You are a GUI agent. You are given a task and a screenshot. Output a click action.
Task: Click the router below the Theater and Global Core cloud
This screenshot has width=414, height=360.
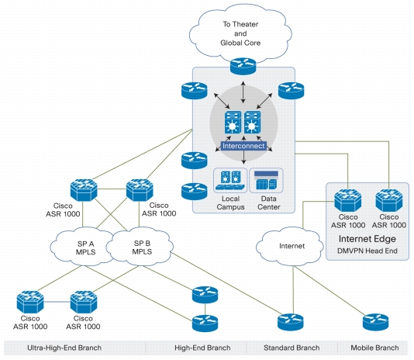243,66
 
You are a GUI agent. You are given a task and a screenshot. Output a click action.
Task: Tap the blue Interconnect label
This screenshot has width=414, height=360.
243,146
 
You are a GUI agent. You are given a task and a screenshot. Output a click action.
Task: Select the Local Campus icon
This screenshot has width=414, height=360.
230,181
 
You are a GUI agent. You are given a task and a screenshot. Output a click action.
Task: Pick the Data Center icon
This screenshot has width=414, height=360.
266,181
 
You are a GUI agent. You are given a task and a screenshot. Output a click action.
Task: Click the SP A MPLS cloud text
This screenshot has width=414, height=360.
85,247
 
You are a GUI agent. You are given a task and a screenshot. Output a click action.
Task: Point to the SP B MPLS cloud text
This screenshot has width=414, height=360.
142,247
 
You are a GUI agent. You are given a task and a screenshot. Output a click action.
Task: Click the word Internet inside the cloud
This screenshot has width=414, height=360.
292,246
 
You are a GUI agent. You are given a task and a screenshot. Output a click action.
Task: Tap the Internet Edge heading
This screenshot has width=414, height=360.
367,239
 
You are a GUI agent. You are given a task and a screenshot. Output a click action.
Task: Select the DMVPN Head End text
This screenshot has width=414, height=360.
367,251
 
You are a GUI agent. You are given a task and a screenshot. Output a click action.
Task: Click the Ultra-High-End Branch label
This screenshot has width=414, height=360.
64,348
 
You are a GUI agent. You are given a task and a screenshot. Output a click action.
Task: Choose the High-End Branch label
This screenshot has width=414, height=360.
202,348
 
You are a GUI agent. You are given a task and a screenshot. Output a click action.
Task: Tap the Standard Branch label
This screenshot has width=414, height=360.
292,348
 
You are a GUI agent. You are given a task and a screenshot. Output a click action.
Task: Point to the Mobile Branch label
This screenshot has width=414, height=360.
374,348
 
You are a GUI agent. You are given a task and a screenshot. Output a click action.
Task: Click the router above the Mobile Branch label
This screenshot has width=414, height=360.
375,322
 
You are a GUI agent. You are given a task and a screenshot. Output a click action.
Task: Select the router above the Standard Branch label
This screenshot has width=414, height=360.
291,322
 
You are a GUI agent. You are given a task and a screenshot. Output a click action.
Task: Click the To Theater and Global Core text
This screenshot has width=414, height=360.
240,33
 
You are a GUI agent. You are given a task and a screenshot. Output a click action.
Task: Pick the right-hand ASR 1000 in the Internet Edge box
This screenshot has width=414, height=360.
389,200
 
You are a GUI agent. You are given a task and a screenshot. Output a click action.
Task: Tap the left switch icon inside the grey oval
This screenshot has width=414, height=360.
233,122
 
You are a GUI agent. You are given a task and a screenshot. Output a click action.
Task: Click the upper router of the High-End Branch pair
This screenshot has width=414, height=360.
205,295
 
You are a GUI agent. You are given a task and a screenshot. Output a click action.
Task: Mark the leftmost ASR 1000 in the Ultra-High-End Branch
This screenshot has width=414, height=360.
30,302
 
